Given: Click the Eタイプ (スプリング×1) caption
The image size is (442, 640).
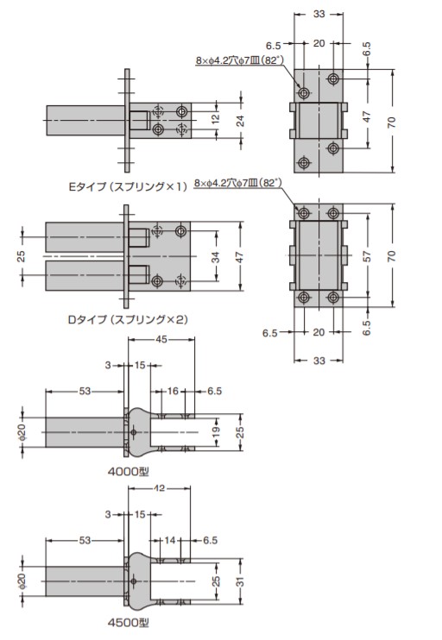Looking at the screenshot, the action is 128,186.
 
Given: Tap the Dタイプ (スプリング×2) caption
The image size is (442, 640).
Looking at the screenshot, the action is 128,319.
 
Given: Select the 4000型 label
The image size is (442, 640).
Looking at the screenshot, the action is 129,472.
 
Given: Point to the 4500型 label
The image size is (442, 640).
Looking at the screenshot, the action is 129,623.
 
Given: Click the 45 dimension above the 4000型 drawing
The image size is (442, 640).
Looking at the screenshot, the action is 161,339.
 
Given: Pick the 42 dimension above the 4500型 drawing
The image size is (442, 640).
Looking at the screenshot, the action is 160,487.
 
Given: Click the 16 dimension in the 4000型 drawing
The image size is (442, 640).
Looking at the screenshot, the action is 173,391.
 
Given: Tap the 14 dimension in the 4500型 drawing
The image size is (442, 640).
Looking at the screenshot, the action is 170,540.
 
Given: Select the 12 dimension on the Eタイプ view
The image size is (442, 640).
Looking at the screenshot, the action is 215,118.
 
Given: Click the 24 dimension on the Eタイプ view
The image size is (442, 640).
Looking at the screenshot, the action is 240,121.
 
